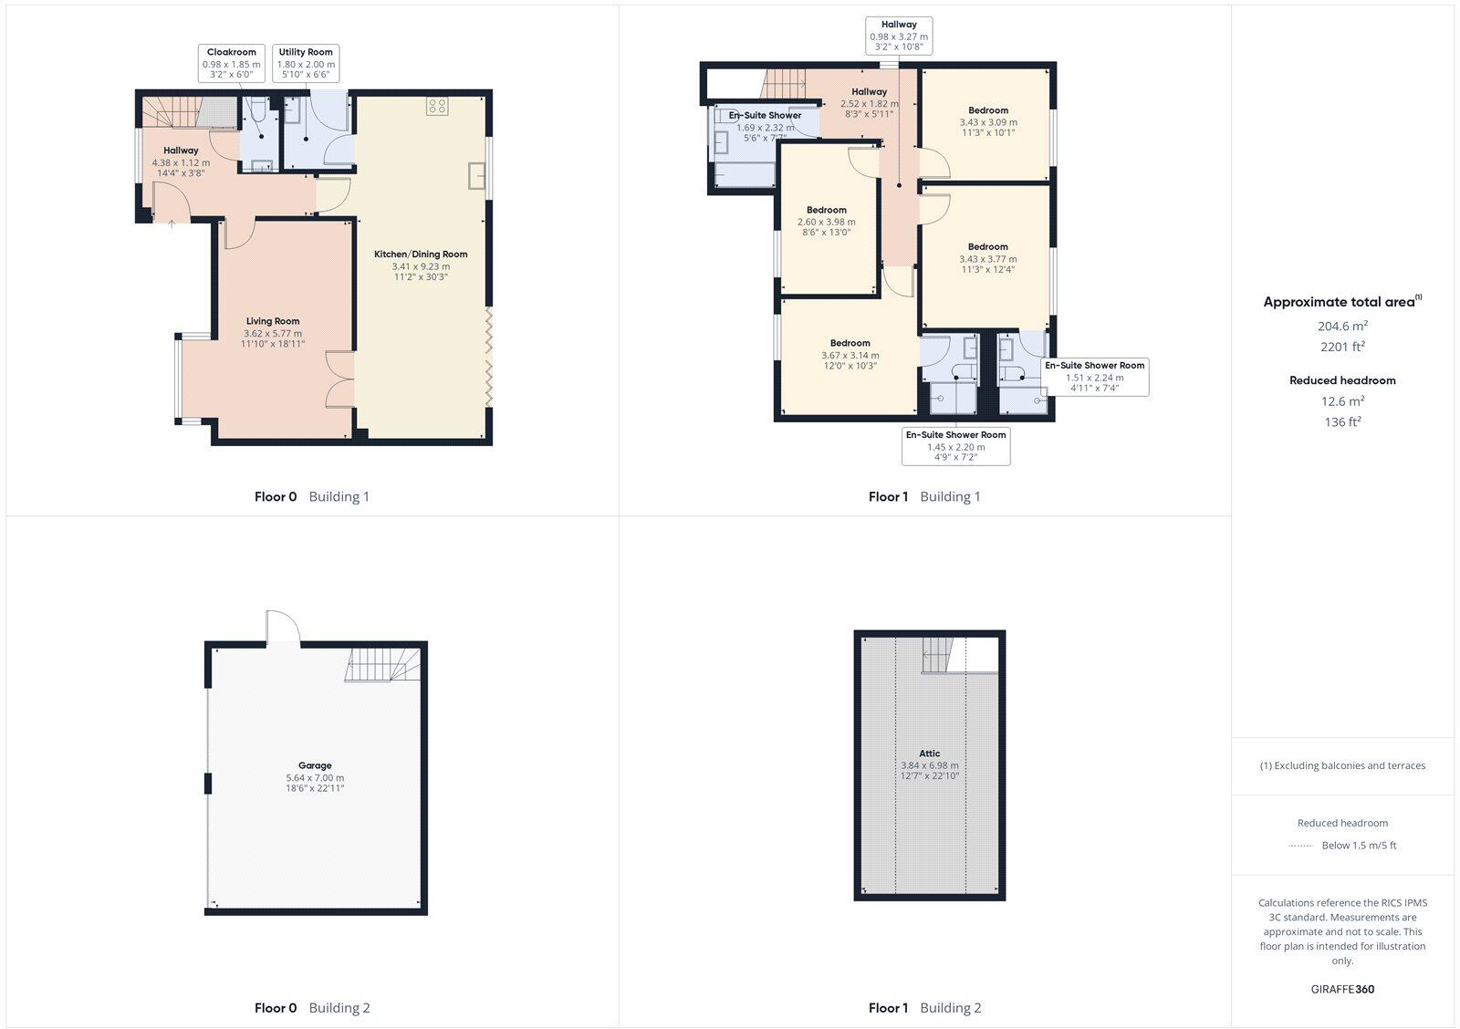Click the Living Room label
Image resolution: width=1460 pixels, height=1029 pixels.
click(x=272, y=332)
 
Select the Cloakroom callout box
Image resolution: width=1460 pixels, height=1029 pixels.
click(x=231, y=64)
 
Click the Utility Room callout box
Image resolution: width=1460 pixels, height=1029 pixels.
click(x=306, y=64)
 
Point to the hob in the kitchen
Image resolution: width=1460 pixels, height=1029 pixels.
click(x=436, y=106)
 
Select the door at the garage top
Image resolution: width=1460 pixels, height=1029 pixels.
click(x=282, y=628)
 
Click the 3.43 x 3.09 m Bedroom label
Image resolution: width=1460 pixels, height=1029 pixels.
click(x=988, y=121)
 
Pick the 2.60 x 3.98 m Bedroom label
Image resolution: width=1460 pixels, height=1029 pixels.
click(x=826, y=221)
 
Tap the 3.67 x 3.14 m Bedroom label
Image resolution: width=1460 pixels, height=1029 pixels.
click(x=850, y=354)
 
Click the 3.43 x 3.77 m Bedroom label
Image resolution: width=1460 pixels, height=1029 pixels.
click(x=987, y=257)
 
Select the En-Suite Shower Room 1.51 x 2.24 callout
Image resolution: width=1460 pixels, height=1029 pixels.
click(x=1094, y=376)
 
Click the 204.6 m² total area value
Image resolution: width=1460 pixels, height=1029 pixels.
click(x=1341, y=326)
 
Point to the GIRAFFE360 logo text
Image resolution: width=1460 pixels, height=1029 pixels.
click(x=1342, y=989)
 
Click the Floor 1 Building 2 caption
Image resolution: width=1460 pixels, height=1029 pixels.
click(x=924, y=1008)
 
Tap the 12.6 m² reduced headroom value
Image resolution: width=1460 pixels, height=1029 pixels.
click(x=1341, y=400)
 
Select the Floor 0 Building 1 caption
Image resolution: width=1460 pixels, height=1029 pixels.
click(x=311, y=497)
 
